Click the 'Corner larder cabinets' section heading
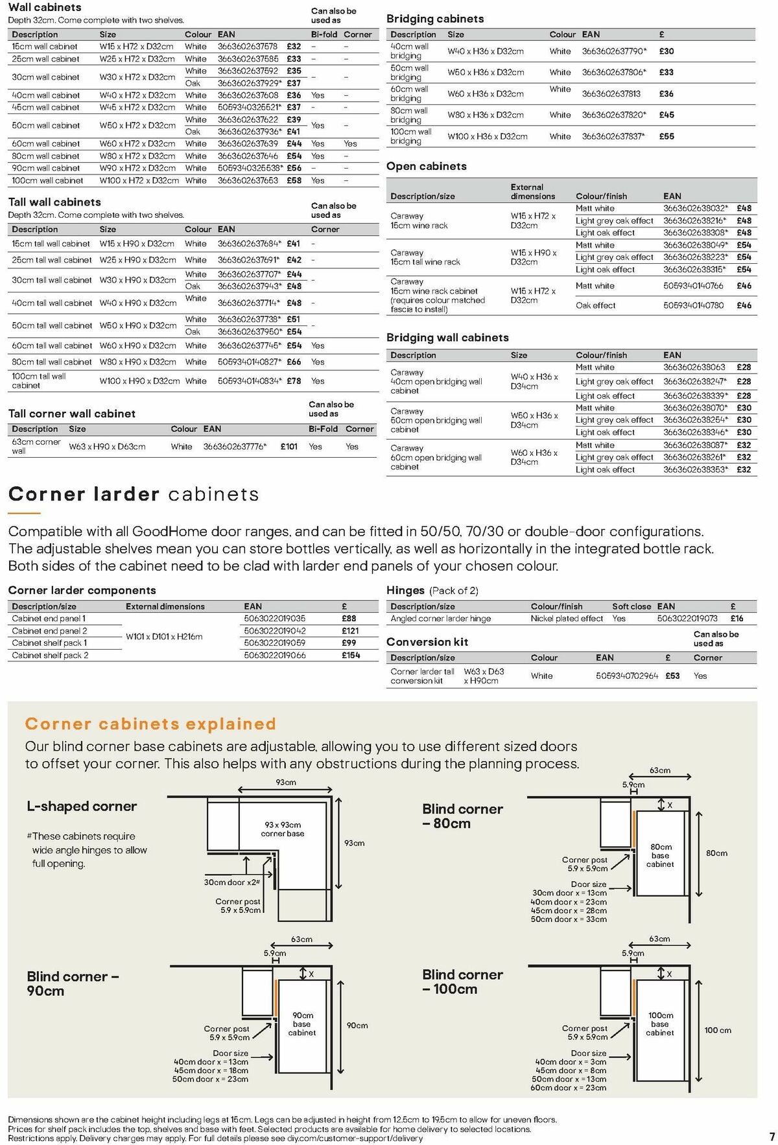134,495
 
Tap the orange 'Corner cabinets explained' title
150,724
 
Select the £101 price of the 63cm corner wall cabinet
289,446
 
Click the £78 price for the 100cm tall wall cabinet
294,381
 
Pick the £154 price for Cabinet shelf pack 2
351,655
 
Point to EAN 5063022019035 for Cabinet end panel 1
274,619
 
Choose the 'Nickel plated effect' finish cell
567,619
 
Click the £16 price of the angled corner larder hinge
737,619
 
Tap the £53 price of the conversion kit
672,676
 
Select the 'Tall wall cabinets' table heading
54,202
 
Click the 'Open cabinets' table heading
426,167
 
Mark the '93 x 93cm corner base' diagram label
283,829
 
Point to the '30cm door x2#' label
232,882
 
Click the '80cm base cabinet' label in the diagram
660,855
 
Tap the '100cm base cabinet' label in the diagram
660,1024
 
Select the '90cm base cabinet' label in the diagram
302,1024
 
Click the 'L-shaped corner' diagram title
82,807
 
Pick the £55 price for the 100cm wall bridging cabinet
666,136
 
